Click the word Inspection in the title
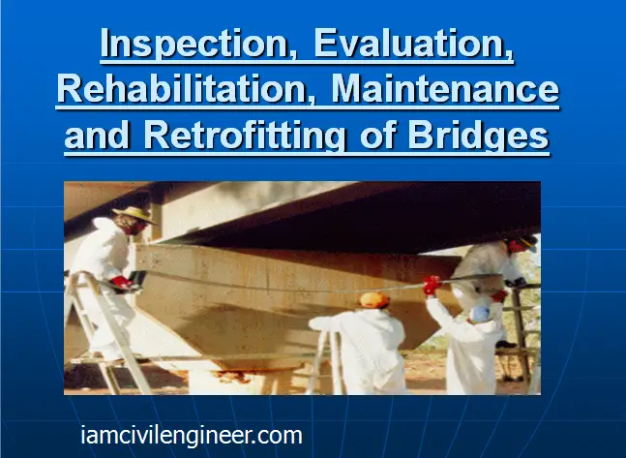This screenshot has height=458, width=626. click(x=194, y=45)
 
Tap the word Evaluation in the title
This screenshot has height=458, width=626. click(x=413, y=44)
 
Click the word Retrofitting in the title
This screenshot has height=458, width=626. click(x=245, y=136)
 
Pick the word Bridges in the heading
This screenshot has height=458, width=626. click(x=478, y=136)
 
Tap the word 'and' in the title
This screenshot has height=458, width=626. click(x=97, y=135)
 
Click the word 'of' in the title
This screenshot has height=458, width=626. click(x=376, y=135)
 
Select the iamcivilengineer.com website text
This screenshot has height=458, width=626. click(x=192, y=435)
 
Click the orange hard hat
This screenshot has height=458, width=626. click(x=374, y=300)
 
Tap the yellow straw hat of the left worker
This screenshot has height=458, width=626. click(x=134, y=215)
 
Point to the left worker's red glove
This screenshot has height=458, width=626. click(x=122, y=283)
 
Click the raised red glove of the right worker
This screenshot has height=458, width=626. click(x=432, y=285)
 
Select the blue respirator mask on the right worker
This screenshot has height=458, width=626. click(x=480, y=314)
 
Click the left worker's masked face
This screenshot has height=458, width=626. click(x=134, y=228)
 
